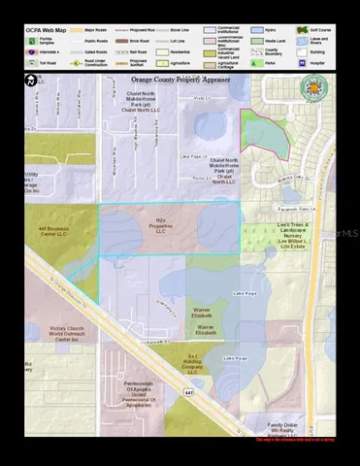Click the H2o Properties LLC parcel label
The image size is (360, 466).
click(161, 226)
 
